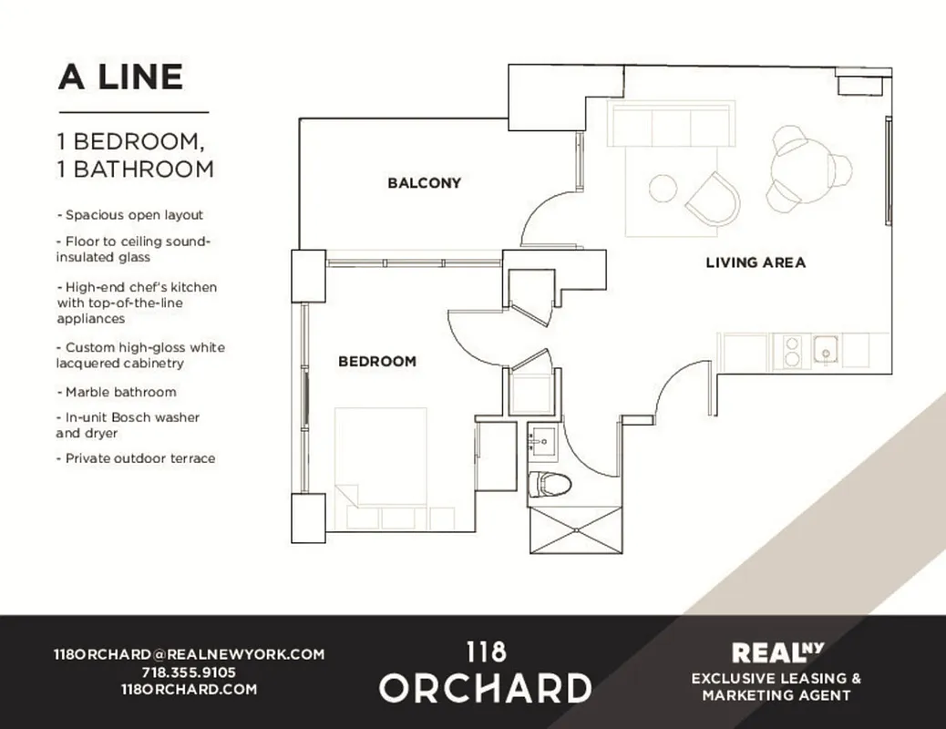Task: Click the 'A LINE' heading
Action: tap(120, 77)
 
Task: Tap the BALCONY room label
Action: tap(424, 183)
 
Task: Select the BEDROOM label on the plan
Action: tap(376, 362)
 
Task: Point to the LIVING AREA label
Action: tap(756, 262)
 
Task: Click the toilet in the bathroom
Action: tap(550, 483)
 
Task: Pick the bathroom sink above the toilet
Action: tap(545, 442)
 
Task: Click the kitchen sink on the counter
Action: tap(826, 351)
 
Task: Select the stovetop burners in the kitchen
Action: tap(788, 352)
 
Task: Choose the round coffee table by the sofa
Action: tap(663, 189)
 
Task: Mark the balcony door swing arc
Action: tap(542, 219)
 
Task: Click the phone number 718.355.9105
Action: tap(189, 673)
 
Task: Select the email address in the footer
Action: tap(189, 654)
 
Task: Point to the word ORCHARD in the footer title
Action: tap(485, 688)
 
